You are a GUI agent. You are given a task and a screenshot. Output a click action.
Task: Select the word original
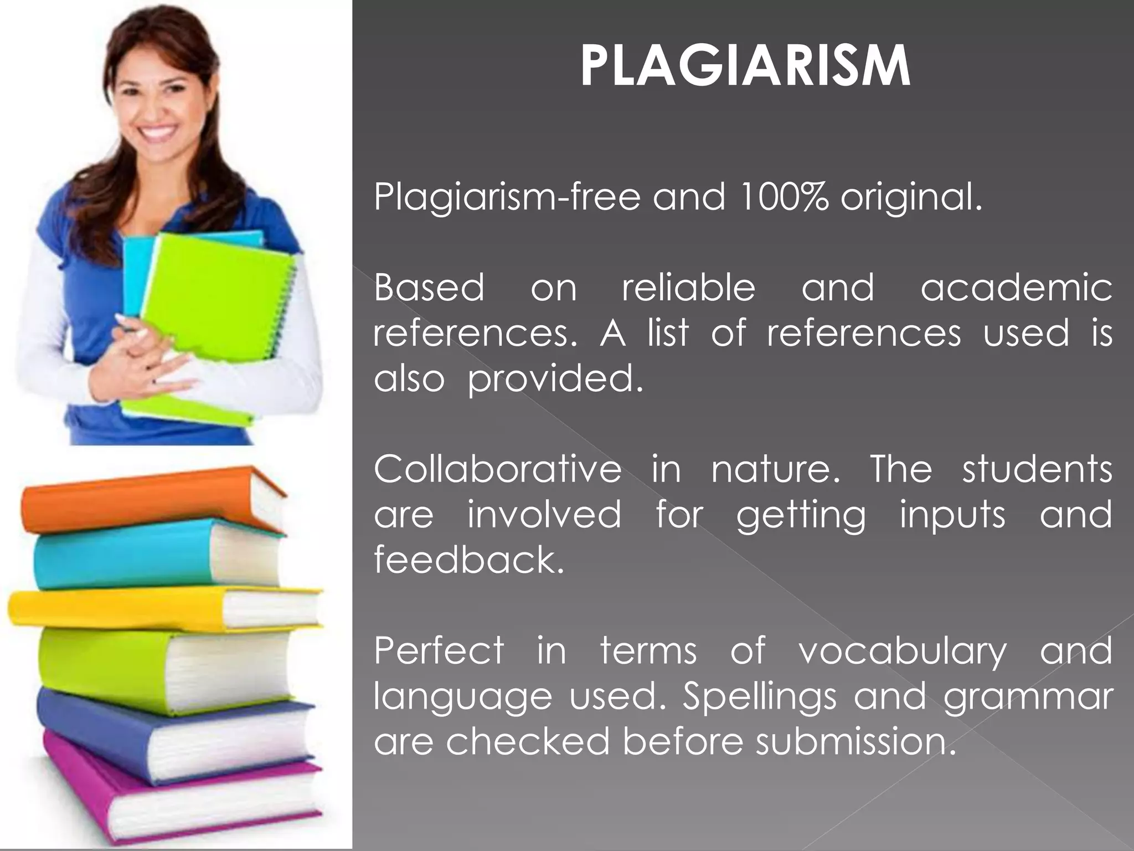pos(911,198)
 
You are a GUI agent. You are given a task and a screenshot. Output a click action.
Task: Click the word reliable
pos(688,288)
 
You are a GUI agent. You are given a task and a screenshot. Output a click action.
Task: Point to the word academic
pos(1016,288)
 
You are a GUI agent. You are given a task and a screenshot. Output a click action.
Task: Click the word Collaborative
pos(497,469)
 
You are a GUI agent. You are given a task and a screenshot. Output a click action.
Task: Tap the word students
pos(1037,469)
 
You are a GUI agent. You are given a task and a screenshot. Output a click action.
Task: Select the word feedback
pos(468,559)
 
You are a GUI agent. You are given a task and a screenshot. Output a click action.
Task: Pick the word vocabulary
pos(902,652)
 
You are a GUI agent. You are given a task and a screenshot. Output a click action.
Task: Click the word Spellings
pos(759,696)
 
